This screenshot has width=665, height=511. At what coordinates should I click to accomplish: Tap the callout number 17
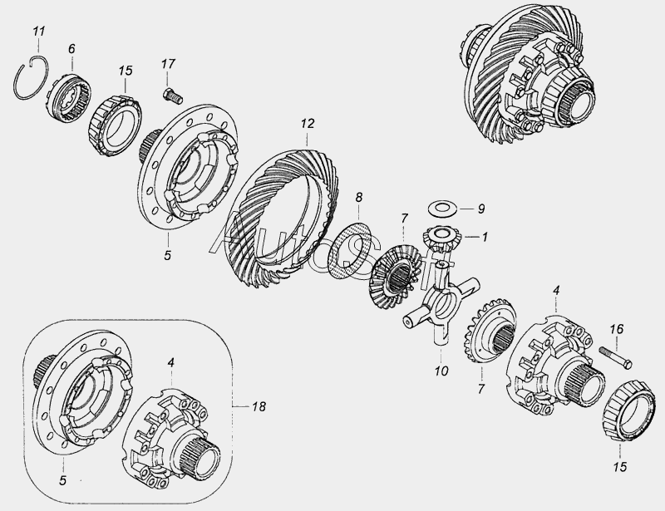(168, 64)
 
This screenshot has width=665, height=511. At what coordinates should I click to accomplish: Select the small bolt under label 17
(173, 95)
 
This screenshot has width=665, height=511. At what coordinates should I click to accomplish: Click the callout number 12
(308, 124)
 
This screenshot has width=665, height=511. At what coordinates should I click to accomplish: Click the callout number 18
(259, 406)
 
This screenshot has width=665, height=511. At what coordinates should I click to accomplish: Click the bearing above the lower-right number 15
(625, 410)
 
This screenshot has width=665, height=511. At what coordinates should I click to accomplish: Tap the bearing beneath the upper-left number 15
(116, 126)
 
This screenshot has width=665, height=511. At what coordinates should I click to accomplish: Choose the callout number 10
(441, 371)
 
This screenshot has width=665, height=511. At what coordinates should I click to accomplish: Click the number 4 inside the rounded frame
(170, 362)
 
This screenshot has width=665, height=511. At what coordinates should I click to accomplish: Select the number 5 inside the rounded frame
(63, 480)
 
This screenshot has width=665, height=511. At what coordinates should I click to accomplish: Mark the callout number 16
(617, 329)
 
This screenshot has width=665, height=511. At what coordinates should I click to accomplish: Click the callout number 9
(480, 209)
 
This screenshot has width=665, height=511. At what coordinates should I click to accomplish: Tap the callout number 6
(71, 49)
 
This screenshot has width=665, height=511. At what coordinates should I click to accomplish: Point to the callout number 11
(38, 32)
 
